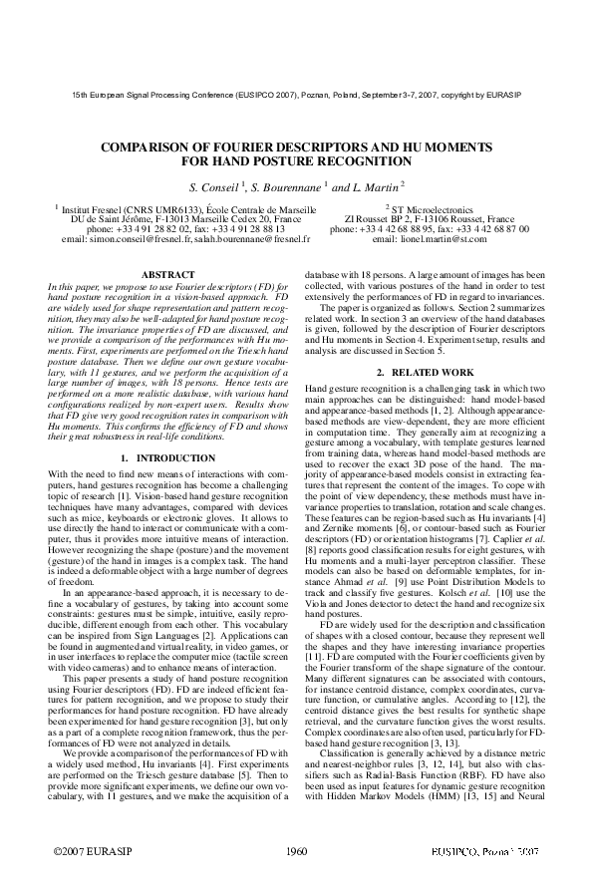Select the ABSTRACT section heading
(161, 273)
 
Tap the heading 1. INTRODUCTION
(161, 457)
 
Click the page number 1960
(296, 853)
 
